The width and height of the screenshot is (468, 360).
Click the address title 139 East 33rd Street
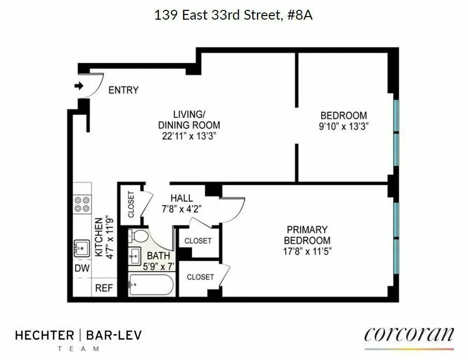pos(234,15)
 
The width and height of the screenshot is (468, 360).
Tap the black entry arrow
pos(79,86)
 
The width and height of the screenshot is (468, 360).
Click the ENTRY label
pos(123,90)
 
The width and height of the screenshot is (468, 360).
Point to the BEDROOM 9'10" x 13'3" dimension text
pos(343,126)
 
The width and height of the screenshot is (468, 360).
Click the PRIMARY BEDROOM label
pos(309,235)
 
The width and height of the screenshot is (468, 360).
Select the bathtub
pos(150,285)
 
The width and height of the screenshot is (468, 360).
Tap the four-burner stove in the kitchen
pos(81,204)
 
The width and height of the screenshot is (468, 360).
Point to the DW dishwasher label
pos(82,268)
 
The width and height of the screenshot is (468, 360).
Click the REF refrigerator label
pos(103,289)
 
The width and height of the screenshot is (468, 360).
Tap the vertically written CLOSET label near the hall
pos(130,205)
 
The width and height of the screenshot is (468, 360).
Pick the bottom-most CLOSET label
pos(200,277)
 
